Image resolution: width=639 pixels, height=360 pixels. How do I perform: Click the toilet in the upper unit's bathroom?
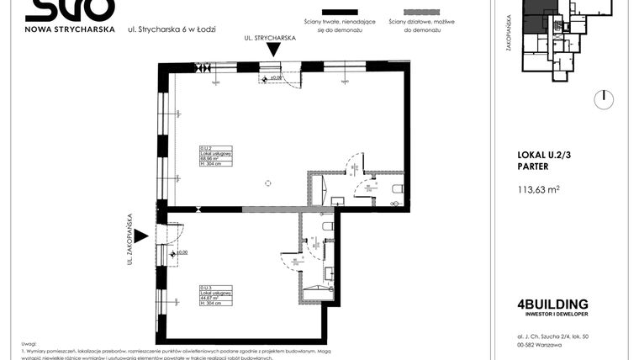click(399, 188)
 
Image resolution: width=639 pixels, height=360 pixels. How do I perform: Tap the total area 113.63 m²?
click(538, 189)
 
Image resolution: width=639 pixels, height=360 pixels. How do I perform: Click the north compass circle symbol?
click(603, 99)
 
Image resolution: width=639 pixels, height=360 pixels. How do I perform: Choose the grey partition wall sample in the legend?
click(411, 16)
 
